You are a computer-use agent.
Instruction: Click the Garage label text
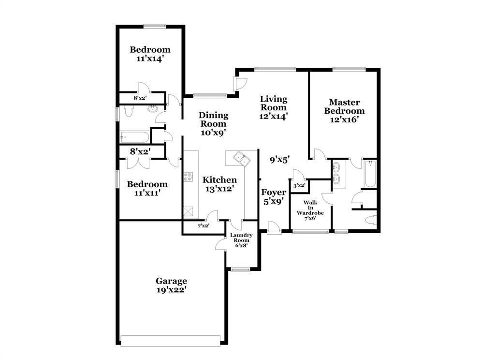tap(171, 281)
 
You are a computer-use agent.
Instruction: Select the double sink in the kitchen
tap(240, 158)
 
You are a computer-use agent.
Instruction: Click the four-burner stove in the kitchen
tap(188, 178)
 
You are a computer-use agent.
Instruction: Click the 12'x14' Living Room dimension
tap(274, 116)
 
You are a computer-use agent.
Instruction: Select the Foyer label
tap(274, 192)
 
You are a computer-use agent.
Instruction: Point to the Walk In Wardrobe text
tap(310, 207)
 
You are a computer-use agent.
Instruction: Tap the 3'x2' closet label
tap(299, 185)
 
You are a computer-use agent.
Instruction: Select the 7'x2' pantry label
tap(203, 225)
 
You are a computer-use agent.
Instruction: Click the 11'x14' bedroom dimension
tap(150, 59)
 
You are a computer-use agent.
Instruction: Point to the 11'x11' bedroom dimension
tap(147, 193)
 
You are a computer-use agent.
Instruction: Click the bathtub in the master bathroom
tap(370, 175)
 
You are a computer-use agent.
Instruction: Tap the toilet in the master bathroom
tap(371, 221)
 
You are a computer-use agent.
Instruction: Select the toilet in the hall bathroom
tap(129, 111)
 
